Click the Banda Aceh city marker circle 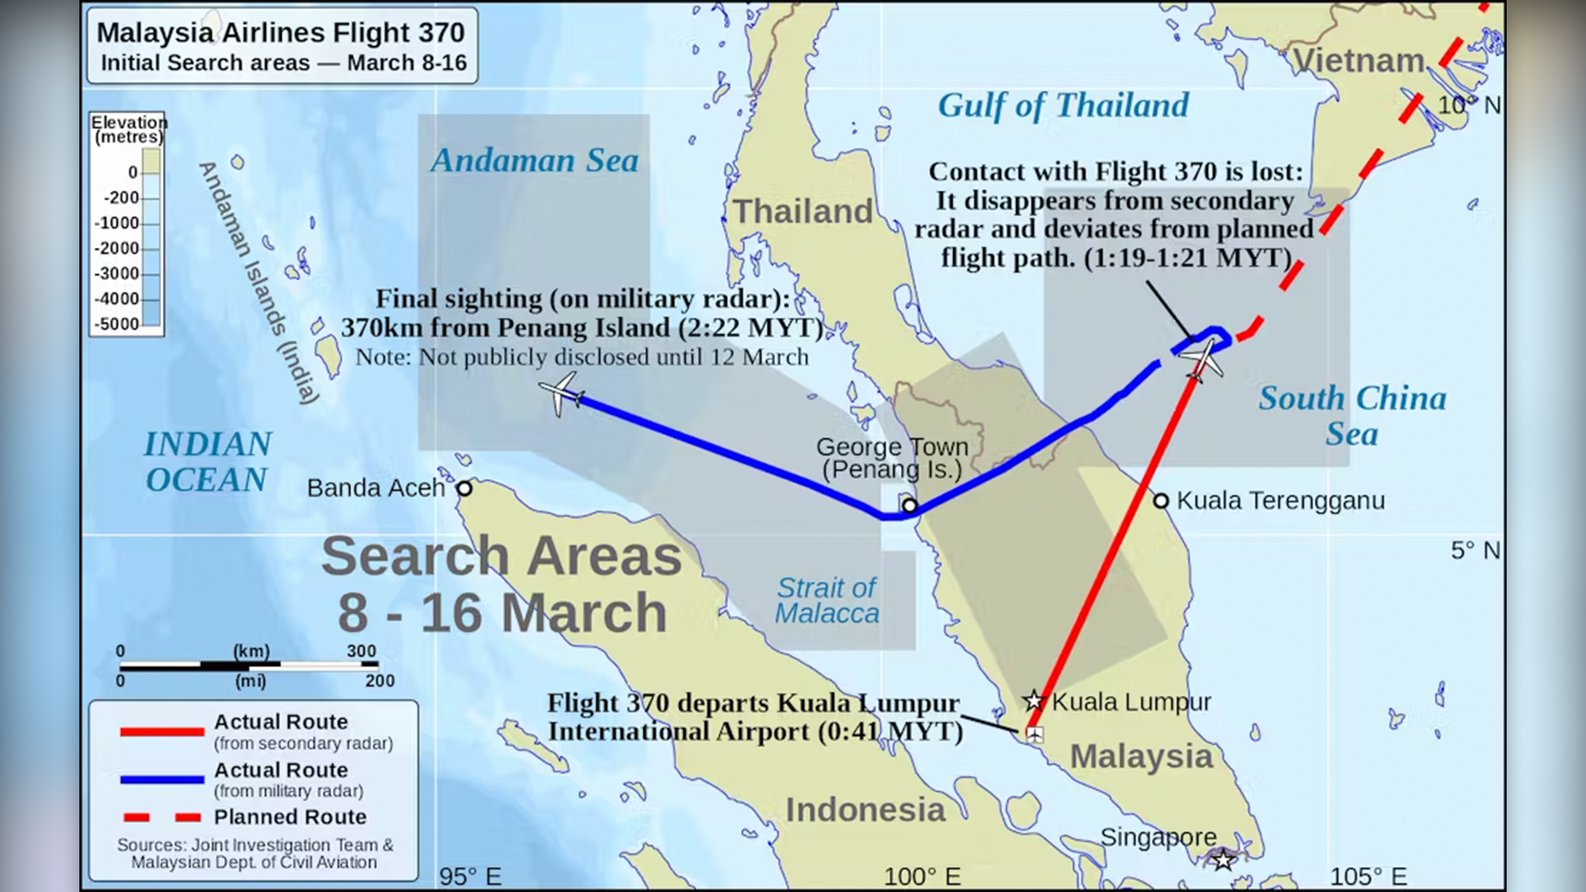point(464,488)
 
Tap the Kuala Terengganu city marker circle point(1161,501)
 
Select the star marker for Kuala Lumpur point(1033,701)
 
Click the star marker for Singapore point(1223,860)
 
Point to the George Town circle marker point(909,505)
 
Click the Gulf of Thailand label point(1063,106)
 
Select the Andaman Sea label point(534,160)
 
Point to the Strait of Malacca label point(827,600)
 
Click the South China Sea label point(1352,415)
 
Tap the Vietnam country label point(1358,60)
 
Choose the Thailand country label point(802,211)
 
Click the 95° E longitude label point(470,876)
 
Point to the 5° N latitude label point(1475,550)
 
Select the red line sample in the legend point(162,731)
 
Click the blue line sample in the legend point(162,779)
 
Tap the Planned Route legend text point(290,817)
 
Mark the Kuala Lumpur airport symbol point(1033,733)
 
